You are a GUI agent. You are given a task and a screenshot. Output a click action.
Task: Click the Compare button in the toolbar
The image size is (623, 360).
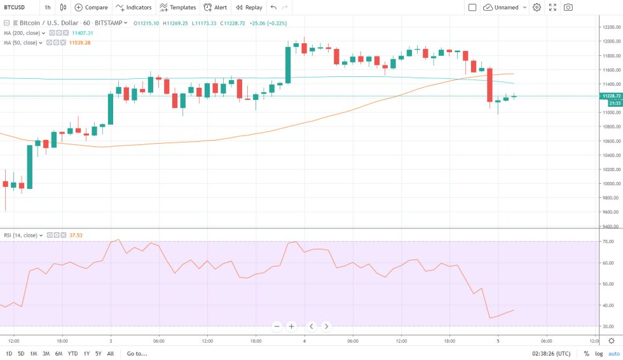coord(91,8)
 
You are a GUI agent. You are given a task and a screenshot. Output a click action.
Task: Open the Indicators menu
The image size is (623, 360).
coord(133,8)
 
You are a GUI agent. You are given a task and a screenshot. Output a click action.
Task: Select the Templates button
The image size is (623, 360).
coord(177,8)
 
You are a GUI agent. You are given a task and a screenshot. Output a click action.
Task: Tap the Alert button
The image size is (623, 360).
coord(216,8)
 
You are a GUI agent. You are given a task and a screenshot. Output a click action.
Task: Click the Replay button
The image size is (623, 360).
coord(249,8)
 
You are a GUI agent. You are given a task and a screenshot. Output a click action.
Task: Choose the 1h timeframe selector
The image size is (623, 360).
coord(48,8)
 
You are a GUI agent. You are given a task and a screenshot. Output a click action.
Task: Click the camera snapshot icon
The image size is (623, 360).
coord(568,8)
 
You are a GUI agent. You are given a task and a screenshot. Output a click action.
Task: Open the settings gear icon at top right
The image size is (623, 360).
coord(537,8)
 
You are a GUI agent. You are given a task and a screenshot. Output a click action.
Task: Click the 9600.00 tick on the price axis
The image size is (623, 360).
coord(612,212)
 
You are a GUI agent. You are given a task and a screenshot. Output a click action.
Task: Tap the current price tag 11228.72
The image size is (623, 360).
coord(610,95)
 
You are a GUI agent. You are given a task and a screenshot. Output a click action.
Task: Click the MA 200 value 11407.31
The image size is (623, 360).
coord(81,32)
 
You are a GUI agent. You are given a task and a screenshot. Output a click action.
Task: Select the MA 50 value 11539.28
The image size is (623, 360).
coord(82,43)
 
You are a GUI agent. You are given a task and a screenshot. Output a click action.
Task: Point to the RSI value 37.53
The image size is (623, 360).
coord(76,235)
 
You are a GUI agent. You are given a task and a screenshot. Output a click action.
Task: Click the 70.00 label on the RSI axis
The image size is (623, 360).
coord(608,242)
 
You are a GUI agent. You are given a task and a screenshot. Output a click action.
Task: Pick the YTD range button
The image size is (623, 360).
coord(72,354)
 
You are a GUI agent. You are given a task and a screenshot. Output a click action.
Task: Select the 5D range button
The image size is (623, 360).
coord(21,354)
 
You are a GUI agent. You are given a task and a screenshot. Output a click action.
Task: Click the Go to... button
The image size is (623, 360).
coord(137,354)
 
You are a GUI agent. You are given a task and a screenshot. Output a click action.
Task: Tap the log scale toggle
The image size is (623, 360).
coord(598,354)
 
